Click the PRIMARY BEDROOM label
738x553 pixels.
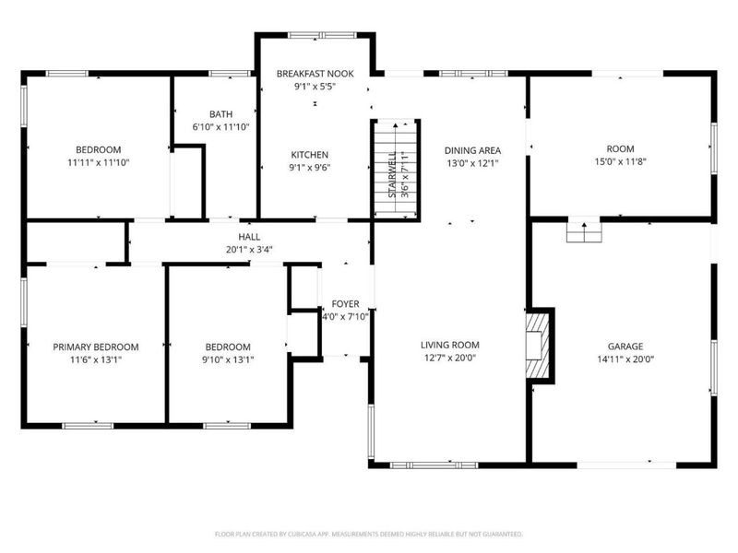95,347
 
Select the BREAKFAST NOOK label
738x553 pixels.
315,73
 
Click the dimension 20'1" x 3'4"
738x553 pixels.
249,249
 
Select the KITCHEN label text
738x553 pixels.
310,155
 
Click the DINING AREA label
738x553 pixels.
472,150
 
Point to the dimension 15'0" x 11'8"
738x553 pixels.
619,163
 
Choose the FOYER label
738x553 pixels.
345,304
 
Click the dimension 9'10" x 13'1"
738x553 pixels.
227,360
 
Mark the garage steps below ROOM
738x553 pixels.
582,231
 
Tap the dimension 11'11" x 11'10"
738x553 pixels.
98,162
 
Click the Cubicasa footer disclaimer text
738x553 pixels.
369,534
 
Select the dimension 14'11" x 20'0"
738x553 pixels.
625,360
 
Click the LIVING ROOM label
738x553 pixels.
451,346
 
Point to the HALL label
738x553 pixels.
249,236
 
